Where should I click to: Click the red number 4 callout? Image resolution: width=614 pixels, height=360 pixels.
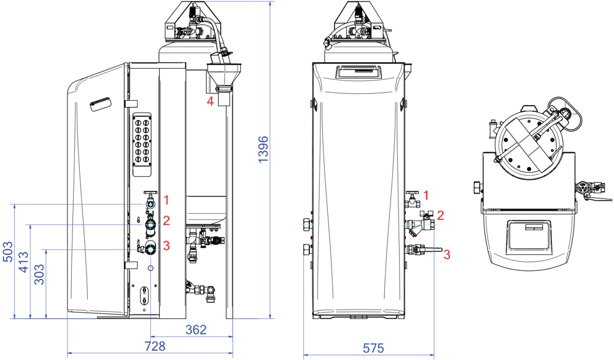(x=210, y=101)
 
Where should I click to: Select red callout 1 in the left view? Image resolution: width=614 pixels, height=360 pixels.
(x=166, y=200)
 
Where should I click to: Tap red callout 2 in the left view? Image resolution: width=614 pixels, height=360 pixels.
(x=166, y=221)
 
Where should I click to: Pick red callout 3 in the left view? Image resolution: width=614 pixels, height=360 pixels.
(x=166, y=246)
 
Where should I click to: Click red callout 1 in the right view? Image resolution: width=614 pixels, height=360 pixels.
(x=426, y=195)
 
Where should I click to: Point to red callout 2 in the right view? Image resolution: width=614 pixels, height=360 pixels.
(x=440, y=216)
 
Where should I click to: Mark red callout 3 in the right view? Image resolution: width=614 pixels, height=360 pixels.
(x=447, y=254)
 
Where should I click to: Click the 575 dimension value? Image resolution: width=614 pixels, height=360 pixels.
(x=373, y=349)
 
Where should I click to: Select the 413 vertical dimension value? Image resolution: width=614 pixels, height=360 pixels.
(x=23, y=262)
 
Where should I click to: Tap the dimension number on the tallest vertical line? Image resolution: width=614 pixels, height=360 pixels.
(x=263, y=149)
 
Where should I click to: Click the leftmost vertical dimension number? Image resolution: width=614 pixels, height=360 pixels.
(x=8, y=252)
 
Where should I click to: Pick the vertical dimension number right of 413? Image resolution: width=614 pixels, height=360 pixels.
(x=39, y=274)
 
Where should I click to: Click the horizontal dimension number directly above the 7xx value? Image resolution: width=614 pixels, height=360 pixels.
(x=196, y=330)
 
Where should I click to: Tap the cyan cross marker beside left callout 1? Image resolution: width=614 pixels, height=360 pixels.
(x=150, y=204)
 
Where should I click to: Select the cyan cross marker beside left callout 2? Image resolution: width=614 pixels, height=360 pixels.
(x=150, y=225)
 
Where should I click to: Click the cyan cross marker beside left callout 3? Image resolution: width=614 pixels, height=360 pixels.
(x=150, y=249)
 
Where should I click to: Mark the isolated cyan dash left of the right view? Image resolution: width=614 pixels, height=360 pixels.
(x=306, y=225)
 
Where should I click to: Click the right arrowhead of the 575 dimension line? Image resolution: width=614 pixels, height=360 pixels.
(x=432, y=354)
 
